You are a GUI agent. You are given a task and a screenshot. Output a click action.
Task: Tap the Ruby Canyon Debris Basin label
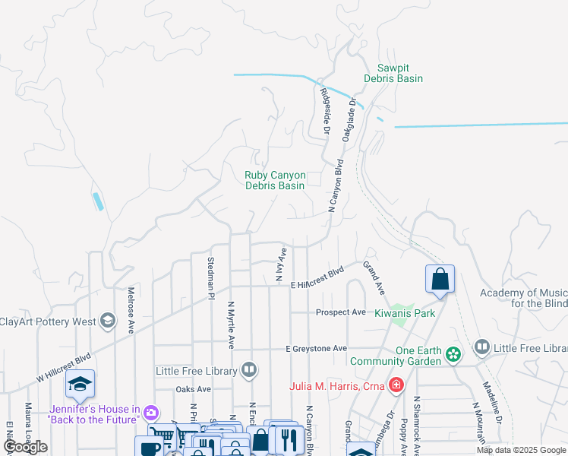(274, 180)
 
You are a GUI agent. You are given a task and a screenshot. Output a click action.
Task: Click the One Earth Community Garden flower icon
(453, 354)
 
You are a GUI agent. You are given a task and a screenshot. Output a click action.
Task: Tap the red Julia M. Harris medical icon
(395, 385)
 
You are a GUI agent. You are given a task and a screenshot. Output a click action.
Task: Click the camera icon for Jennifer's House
(151, 413)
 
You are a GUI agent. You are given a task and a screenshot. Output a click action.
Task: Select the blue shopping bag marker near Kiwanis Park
(440, 280)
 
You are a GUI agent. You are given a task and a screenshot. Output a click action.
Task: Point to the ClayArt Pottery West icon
(109, 321)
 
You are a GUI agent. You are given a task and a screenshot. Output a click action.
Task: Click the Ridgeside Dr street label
(324, 112)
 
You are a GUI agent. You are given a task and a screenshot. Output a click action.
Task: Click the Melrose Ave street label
(131, 310)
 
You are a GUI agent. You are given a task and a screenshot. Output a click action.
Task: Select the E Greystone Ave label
(314, 349)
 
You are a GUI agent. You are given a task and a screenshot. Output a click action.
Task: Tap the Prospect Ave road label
(341, 312)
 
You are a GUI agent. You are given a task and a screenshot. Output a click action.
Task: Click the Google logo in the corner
(25, 447)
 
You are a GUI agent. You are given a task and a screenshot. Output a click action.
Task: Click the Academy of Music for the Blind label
(523, 298)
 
